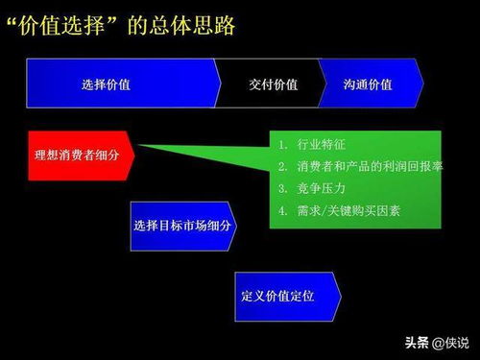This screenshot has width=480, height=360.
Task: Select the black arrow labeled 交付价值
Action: pyautogui.click(x=272, y=84)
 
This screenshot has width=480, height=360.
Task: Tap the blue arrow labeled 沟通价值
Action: pyautogui.click(x=367, y=84)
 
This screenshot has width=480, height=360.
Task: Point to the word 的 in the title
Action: pyautogui.click(x=137, y=24)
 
